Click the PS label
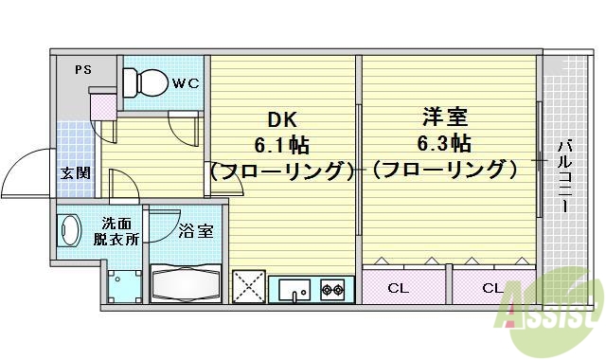tap(83, 69)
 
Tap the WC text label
tap(186, 83)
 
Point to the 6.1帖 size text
tap(281, 146)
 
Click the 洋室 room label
tap(443, 120)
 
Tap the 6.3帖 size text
tap(444, 145)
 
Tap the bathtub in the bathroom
tap(187, 281)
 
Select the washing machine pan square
tap(123, 284)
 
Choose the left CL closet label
tap(397, 288)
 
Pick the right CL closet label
tap(492, 288)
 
